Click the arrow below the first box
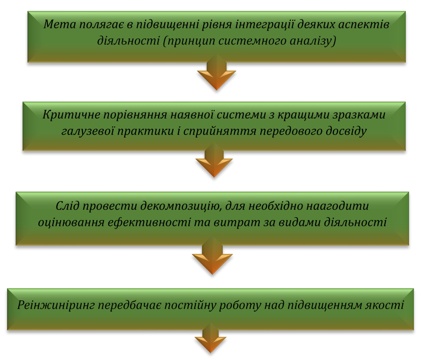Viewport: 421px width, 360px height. (x=217, y=74)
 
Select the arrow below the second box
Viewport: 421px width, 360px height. (x=214, y=161)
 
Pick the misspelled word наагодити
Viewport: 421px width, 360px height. (x=339, y=205)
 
